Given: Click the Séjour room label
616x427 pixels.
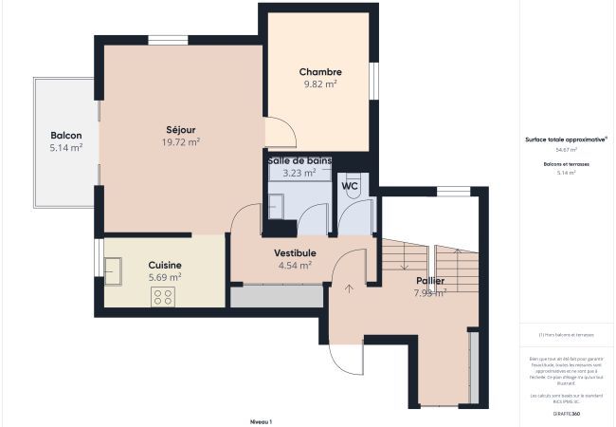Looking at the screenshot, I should pos(180,130).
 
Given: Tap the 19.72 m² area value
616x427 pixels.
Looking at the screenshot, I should pos(180,142).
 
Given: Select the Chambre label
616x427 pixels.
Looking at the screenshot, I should pos(320,72).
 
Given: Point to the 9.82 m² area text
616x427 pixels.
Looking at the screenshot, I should pos(320,84).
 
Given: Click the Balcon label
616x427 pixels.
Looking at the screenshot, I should pos(65,136).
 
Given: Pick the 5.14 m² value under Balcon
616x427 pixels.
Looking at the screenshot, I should pos(65,148).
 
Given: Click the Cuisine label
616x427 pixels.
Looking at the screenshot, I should pos(165,265).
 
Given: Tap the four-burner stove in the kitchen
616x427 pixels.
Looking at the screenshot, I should pos(163,297).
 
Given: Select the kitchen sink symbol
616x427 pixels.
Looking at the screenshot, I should pos(114,273).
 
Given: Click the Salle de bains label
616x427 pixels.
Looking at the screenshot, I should pos(299,161).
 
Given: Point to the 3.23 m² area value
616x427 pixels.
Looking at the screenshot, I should pos(299,174).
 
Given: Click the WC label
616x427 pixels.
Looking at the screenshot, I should pos(350,186).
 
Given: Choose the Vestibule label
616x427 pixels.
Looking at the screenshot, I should pos(295,253).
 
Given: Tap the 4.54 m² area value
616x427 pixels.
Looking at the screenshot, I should pos(295,266).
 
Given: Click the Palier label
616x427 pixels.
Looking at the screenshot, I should pos(430,281).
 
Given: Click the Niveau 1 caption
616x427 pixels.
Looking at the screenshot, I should pos(261,421).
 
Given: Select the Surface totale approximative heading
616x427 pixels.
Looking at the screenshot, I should pos(566,139).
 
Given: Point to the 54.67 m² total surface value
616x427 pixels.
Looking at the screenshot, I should pos(566,150).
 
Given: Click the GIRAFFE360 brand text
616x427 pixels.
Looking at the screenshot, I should pos(566,414).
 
